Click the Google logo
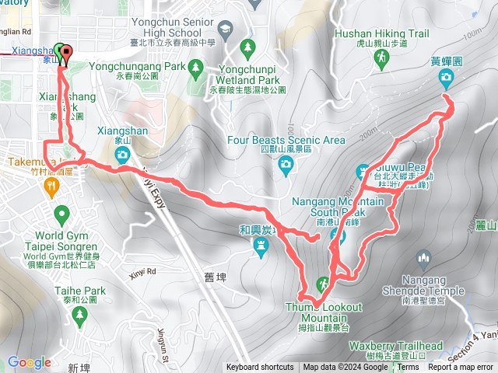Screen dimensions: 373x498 [30, 362]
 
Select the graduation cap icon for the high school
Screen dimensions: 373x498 [224, 30]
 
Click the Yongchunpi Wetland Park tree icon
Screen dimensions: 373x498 [247, 47]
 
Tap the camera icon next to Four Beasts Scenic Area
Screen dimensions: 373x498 [286, 163]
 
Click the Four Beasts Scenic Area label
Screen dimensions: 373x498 [286, 141]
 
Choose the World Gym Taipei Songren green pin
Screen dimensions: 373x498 [61, 213]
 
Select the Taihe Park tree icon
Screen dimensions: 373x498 [79, 314]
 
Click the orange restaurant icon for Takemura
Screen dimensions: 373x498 [51, 186]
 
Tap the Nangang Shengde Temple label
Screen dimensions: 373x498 [433, 291]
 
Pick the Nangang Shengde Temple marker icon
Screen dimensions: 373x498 [424, 257]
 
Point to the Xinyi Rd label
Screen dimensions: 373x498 [141, 271]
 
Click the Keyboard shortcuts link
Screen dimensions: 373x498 [261, 368]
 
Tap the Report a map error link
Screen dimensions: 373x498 [461, 368]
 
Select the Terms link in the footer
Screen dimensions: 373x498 [409, 368]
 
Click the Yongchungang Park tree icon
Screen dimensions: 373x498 [195, 68]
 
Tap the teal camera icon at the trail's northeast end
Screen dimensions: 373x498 [446, 76]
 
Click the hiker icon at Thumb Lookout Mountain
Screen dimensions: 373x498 [322, 284]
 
